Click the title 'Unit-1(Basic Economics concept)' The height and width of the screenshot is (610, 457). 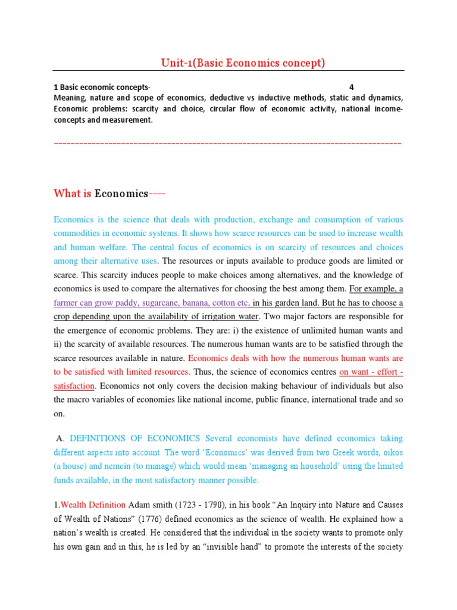tap(244, 63)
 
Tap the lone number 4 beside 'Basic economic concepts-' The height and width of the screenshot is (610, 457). tap(351, 87)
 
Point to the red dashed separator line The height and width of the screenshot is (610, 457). tap(228, 144)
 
